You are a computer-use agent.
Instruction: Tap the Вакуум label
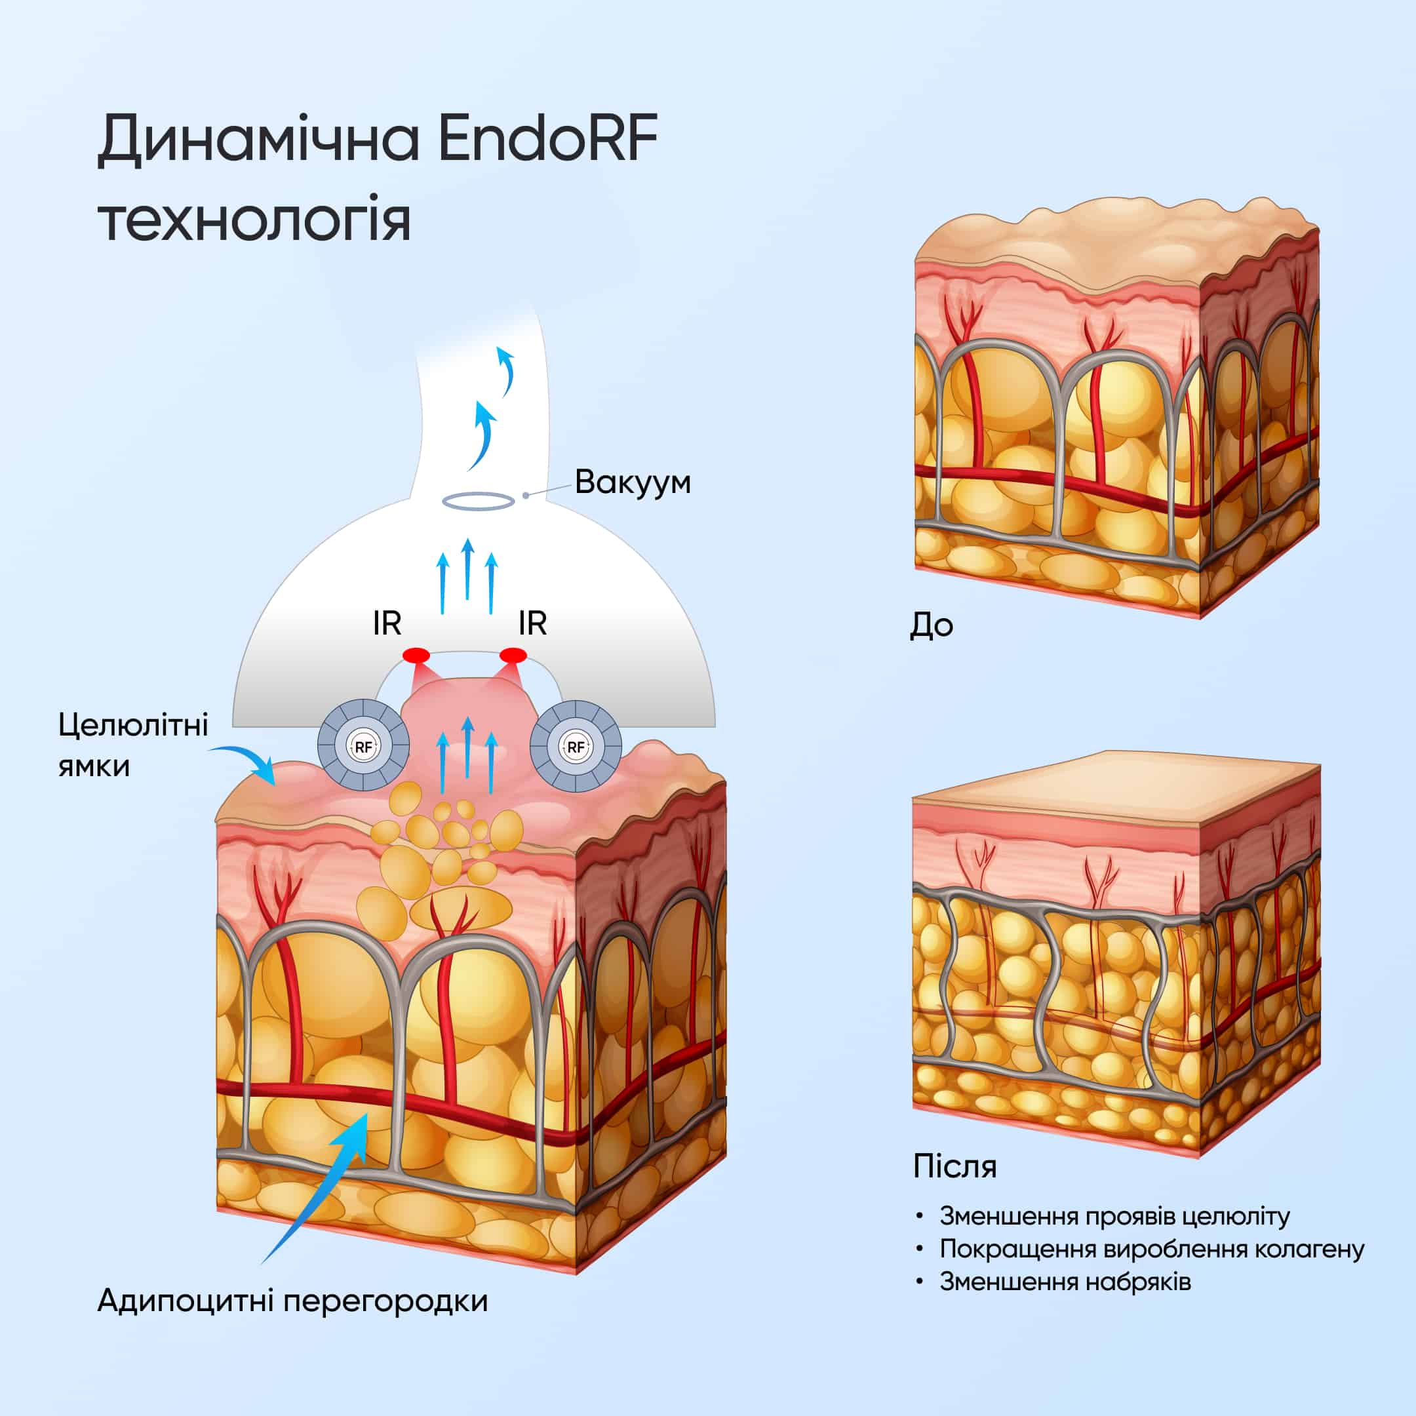633,483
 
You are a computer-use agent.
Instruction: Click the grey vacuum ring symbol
478,501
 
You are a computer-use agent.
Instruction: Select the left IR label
387,623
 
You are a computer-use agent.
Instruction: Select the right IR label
532,623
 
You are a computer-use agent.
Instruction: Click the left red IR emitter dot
416,654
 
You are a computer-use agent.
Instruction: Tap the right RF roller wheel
576,746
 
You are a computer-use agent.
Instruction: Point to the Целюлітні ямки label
133,745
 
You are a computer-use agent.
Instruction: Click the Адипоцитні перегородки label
292,1301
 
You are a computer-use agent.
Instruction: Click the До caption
931,625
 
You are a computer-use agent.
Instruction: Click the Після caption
955,1166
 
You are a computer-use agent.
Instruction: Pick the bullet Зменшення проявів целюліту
1114,1217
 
